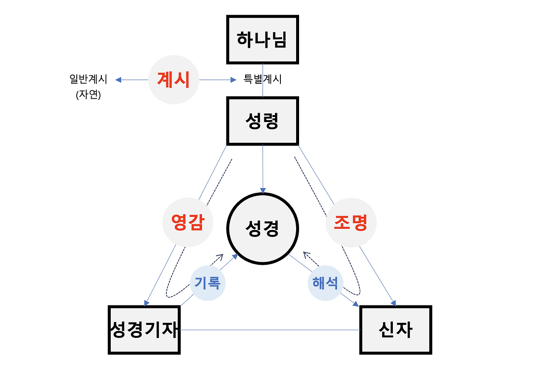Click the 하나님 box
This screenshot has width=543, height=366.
263,39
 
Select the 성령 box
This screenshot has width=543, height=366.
263,121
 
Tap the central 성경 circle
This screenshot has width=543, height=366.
263,229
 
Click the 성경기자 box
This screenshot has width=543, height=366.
144,330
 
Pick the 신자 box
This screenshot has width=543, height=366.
395,330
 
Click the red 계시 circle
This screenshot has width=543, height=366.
174,79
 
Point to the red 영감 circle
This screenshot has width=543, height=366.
187,222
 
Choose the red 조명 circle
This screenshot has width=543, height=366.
351,222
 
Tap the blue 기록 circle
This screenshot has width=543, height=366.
207,283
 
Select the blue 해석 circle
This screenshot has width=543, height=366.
325,283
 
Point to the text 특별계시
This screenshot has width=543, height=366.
262,79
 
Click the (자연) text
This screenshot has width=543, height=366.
88,95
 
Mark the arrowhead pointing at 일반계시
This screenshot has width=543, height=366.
118,79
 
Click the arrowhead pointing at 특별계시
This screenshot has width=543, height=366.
233,79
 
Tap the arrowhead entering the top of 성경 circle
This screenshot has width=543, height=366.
263,190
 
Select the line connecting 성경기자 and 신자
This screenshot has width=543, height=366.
270,330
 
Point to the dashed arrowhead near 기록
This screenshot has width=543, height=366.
220,256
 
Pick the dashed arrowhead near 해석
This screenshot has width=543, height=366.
306,255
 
